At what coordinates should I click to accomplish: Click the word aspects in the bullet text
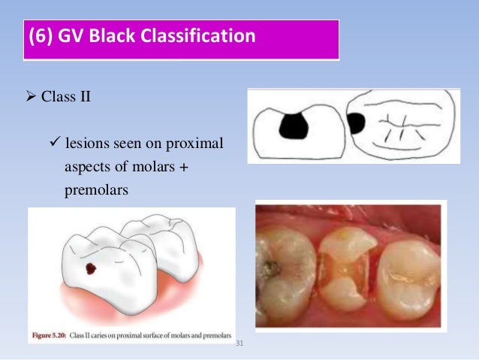pyautogui.click(x=85, y=167)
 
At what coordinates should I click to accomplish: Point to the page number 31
pyautogui.click(x=240, y=344)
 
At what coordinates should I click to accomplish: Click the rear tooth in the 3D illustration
pyautogui.click(x=161, y=241)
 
